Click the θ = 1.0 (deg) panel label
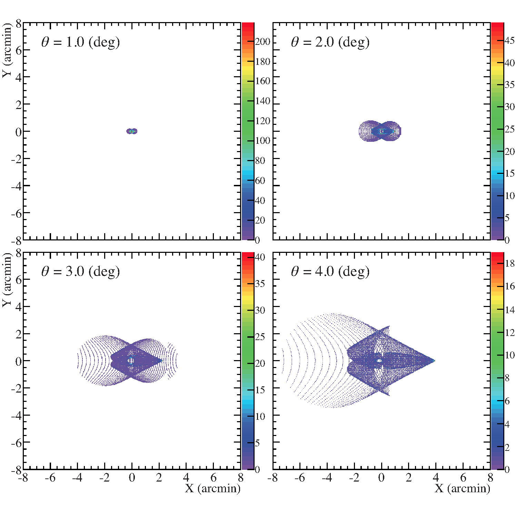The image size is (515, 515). (x=80, y=42)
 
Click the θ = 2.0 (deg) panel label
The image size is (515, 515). (x=330, y=42)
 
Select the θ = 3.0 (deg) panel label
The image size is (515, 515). (x=80, y=271)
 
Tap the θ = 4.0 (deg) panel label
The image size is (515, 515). (x=330, y=271)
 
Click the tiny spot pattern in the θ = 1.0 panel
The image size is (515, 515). (x=132, y=131)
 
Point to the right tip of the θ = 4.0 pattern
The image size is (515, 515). (x=434, y=361)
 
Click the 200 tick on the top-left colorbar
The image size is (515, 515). (x=263, y=42)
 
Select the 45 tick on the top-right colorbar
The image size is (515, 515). (x=509, y=41)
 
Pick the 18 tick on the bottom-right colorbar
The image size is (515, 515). (x=509, y=264)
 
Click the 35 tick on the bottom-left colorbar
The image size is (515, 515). (x=260, y=284)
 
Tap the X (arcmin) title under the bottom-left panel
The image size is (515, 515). (x=212, y=488)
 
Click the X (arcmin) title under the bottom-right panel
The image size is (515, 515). (x=462, y=488)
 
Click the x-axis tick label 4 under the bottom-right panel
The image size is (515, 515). (x=436, y=478)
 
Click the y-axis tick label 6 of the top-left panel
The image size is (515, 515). (x=18, y=50)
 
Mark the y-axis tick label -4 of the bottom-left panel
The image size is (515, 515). (x=16, y=416)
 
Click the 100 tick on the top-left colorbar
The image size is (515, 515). (x=263, y=141)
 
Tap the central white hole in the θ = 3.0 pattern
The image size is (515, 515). (x=130, y=361)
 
